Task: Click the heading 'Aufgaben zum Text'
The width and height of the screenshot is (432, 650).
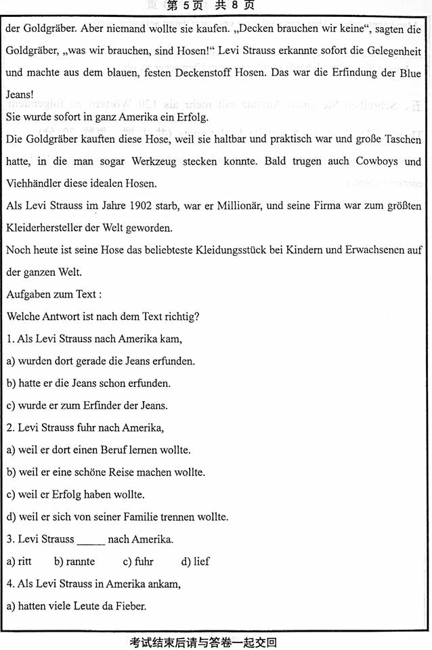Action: coord(53,294)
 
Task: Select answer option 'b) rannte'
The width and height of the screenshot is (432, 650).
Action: coord(74,561)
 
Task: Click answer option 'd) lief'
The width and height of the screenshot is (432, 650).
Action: coord(196,561)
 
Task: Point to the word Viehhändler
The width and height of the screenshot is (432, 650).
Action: coord(34,184)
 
